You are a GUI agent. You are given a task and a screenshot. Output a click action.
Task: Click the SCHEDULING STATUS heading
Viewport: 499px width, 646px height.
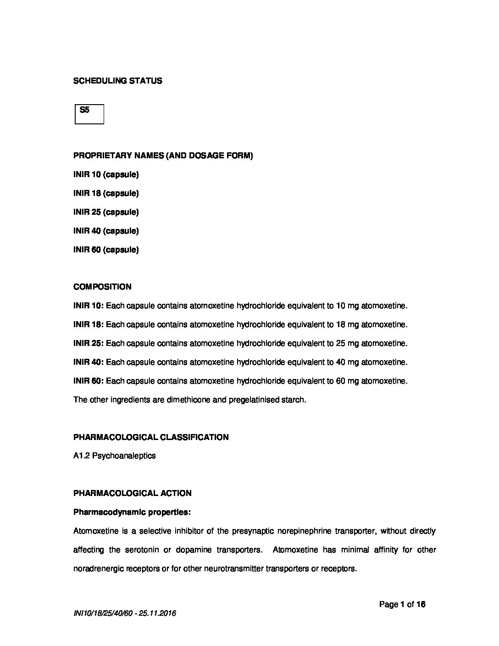(117, 81)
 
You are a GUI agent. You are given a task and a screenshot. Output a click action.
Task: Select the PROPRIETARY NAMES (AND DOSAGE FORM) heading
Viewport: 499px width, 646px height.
(163, 156)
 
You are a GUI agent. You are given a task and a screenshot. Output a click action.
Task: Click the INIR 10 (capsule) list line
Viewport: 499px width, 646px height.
(106, 174)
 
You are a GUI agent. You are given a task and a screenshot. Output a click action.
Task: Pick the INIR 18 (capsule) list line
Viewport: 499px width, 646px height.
(106, 193)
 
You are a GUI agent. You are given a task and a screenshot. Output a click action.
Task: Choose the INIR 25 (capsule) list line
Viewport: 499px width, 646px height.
(106, 212)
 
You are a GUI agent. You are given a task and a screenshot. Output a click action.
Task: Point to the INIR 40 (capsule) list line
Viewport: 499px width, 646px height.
(106, 231)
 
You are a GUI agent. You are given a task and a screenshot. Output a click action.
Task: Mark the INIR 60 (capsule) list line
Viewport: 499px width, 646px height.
(106, 250)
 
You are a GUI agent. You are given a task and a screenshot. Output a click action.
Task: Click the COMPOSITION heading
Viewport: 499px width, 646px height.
(102, 287)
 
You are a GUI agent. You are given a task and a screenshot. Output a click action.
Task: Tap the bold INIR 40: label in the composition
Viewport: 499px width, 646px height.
(89, 362)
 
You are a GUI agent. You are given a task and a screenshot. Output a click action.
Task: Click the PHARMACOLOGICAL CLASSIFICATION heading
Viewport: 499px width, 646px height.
(151, 437)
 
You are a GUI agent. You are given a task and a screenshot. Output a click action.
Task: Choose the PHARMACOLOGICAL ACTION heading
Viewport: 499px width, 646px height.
(133, 493)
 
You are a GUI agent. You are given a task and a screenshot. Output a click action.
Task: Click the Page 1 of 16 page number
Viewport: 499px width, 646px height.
(402, 604)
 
